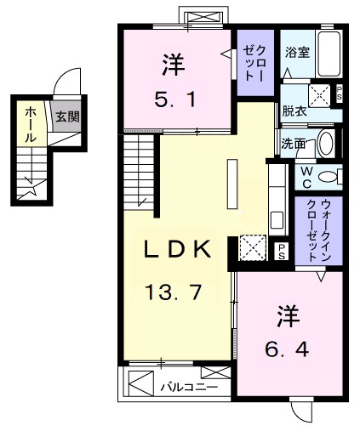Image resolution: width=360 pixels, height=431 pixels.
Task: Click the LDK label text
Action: point(175,250)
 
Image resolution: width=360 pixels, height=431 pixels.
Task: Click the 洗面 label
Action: point(294,144)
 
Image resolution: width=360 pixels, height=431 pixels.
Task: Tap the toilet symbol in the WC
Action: point(333,177)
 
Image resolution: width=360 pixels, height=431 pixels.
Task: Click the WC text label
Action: point(305,177)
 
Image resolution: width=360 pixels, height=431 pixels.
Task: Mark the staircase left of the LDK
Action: point(141,174)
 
